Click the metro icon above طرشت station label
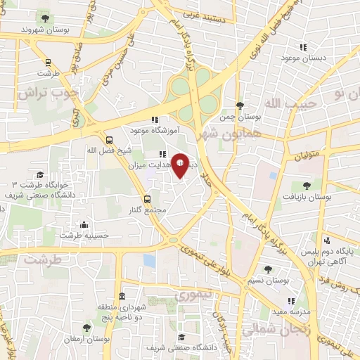pyautogui.click(x=47, y=63)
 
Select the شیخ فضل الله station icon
pyautogui.click(x=109, y=139)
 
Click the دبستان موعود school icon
pyautogui.click(x=303, y=46)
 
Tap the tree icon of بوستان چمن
pyautogui.click(x=240, y=105)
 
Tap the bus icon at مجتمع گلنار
pyautogui.click(x=147, y=199)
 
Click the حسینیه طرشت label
pyautogui.click(x=84, y=236)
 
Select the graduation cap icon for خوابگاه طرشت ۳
pyautogui.click(x=40, y=174)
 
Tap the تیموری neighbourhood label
pyautogui.click(x=191, y=295)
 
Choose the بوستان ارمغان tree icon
pyautogui.click(x=86, y=327)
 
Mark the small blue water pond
pyautogui.click(x=148, y=261)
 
